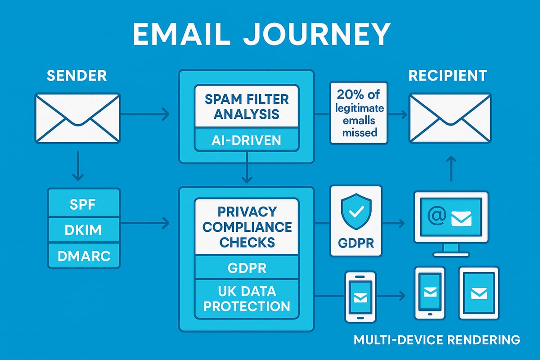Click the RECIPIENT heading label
pos(447,76)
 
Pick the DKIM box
pos(84,230)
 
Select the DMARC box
pos(84,256)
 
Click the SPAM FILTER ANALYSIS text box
pos(246,106)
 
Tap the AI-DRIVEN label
pos(246,140)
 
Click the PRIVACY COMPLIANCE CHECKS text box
pos(246,227)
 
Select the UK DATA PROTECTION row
pos(246,299)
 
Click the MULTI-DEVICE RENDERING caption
pos(436,339)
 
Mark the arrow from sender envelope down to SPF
pos(77,166)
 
